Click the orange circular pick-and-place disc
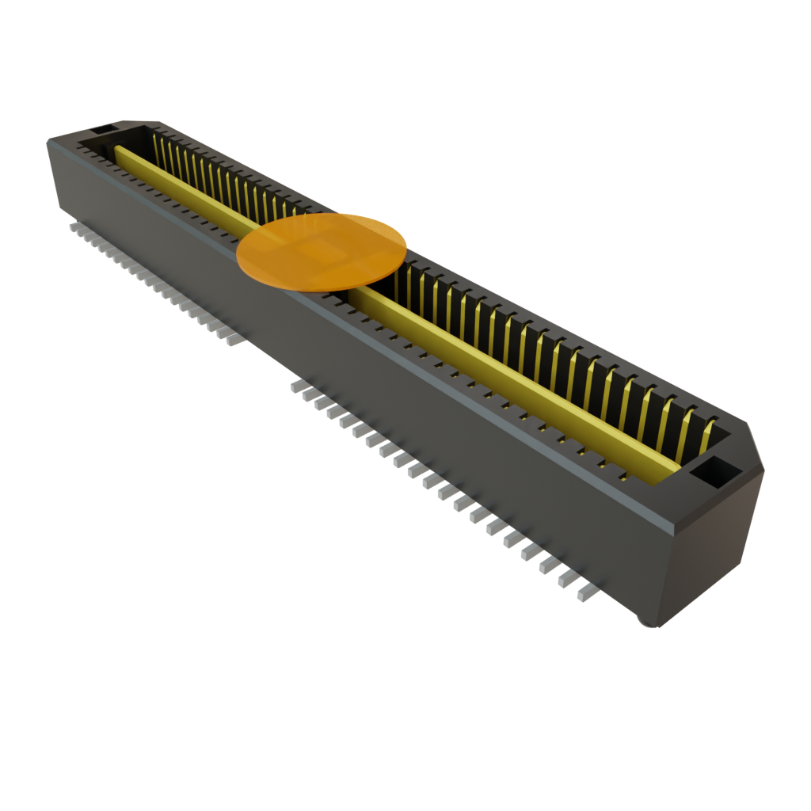pyautogui.click(x=322, y=251)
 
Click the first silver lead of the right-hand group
pyautogui.click(x=296, y=386)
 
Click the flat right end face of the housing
pyautogui.click(x=713, y=554)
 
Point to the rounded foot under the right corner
pyautogui.click(x=649, y=622)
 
